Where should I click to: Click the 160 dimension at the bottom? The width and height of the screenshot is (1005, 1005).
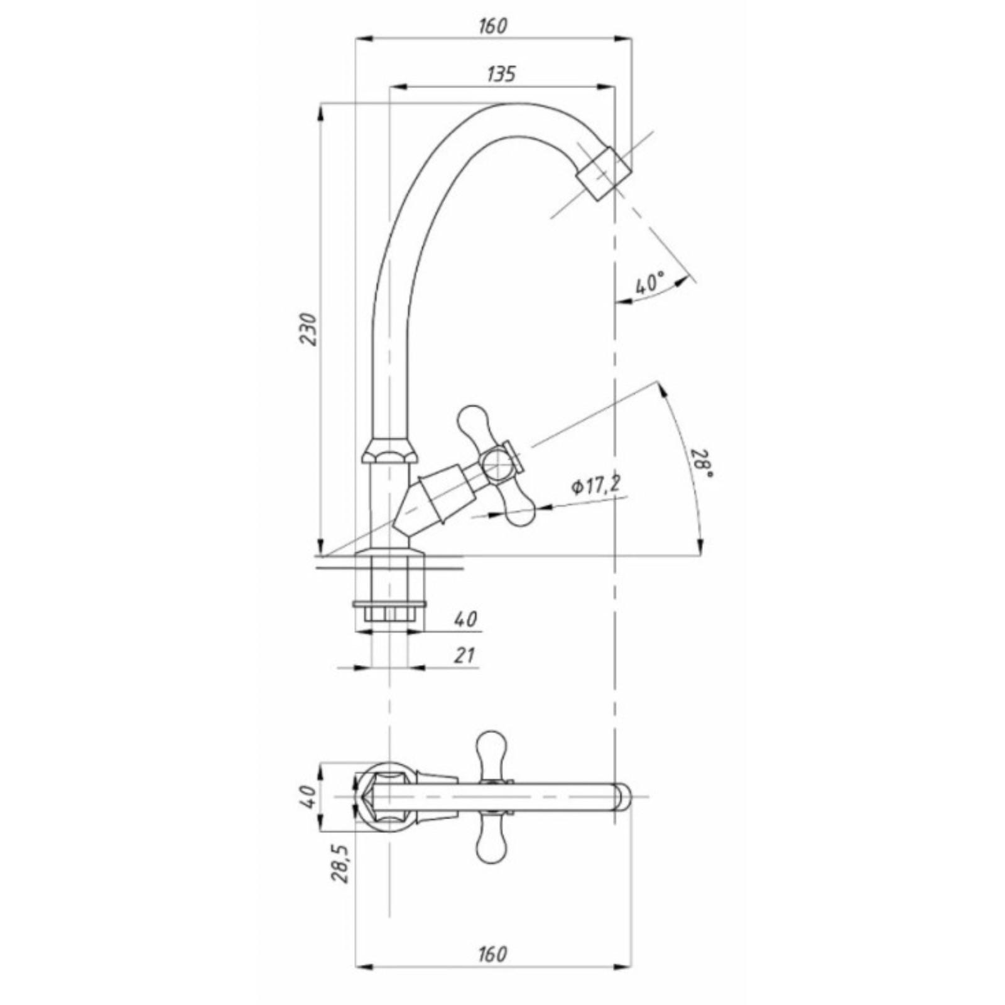click(x=492, y=953)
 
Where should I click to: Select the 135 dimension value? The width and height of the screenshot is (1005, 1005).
click(x=501, y=73)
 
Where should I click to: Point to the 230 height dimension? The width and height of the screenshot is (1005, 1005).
click(x=310, y=329)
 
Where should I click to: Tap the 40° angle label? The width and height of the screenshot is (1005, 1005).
click(x=649, y=283)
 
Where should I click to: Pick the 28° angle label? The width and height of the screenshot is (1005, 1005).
click(x=703, y=464)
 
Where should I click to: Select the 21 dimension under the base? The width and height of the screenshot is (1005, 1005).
click(x=464, y=656)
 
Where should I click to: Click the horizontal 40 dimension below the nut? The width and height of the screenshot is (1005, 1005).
click(x=465, y=619)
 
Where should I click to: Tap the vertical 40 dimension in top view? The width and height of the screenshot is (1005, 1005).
click(x=310, y=796)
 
